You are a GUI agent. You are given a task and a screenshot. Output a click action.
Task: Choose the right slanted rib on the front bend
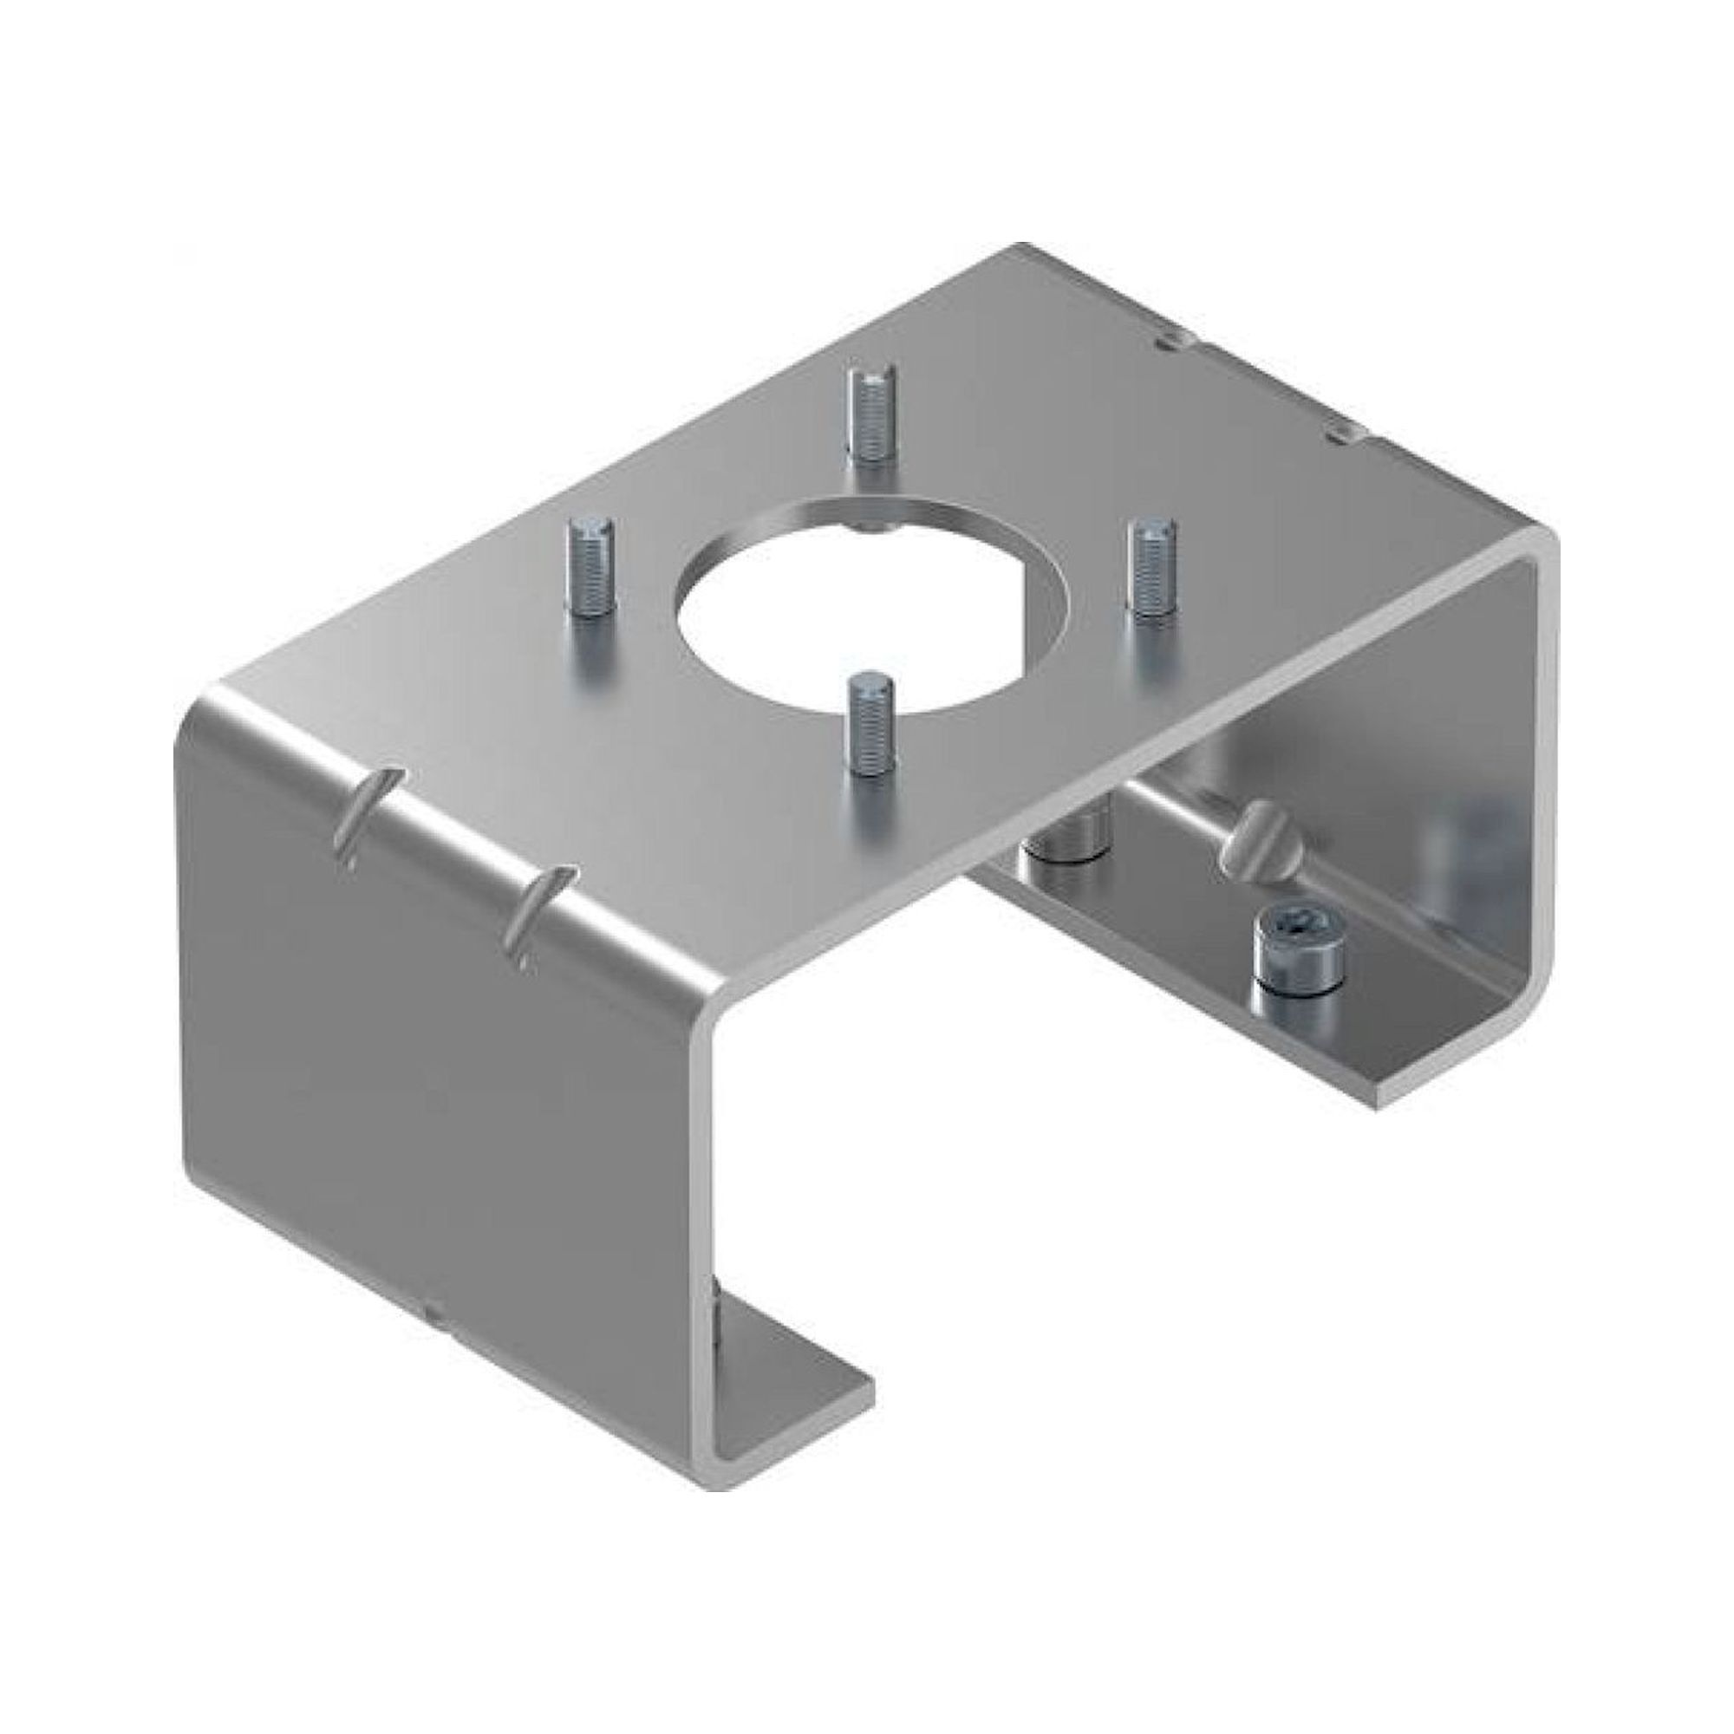[538, 916]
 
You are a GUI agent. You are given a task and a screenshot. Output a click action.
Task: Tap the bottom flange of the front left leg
[790, 1400]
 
